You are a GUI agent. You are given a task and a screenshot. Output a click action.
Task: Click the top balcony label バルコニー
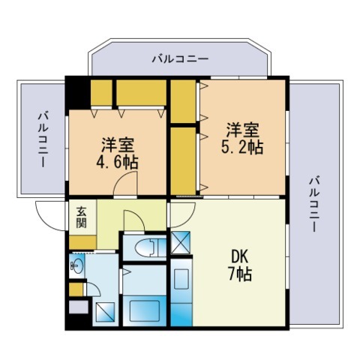coord(180,58)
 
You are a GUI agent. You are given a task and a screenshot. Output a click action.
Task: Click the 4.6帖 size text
coord(117,162)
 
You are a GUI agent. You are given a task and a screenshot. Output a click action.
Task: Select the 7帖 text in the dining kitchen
coord(240,274)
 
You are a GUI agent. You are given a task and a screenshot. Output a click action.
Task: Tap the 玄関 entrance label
coord(81,217)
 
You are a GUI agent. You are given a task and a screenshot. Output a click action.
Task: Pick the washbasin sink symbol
coord(76,263)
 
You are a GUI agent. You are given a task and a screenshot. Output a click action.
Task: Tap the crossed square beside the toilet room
coord(181,242)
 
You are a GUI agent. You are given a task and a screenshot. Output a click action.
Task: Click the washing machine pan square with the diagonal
coord(106,313)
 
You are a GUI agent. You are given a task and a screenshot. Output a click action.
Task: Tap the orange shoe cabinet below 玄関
coord(82,242)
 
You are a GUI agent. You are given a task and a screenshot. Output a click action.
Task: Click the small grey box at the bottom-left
coord(78,306)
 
